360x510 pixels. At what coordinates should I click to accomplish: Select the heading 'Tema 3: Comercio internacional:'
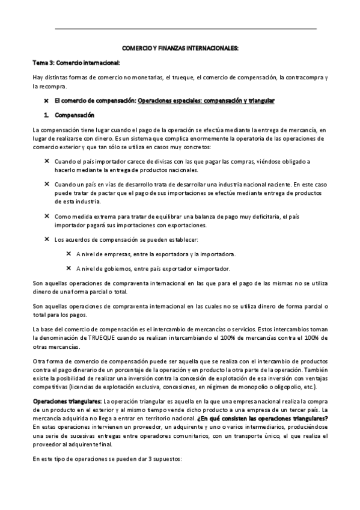point(76,63)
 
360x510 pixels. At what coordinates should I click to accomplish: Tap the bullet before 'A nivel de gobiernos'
point(69,268)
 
